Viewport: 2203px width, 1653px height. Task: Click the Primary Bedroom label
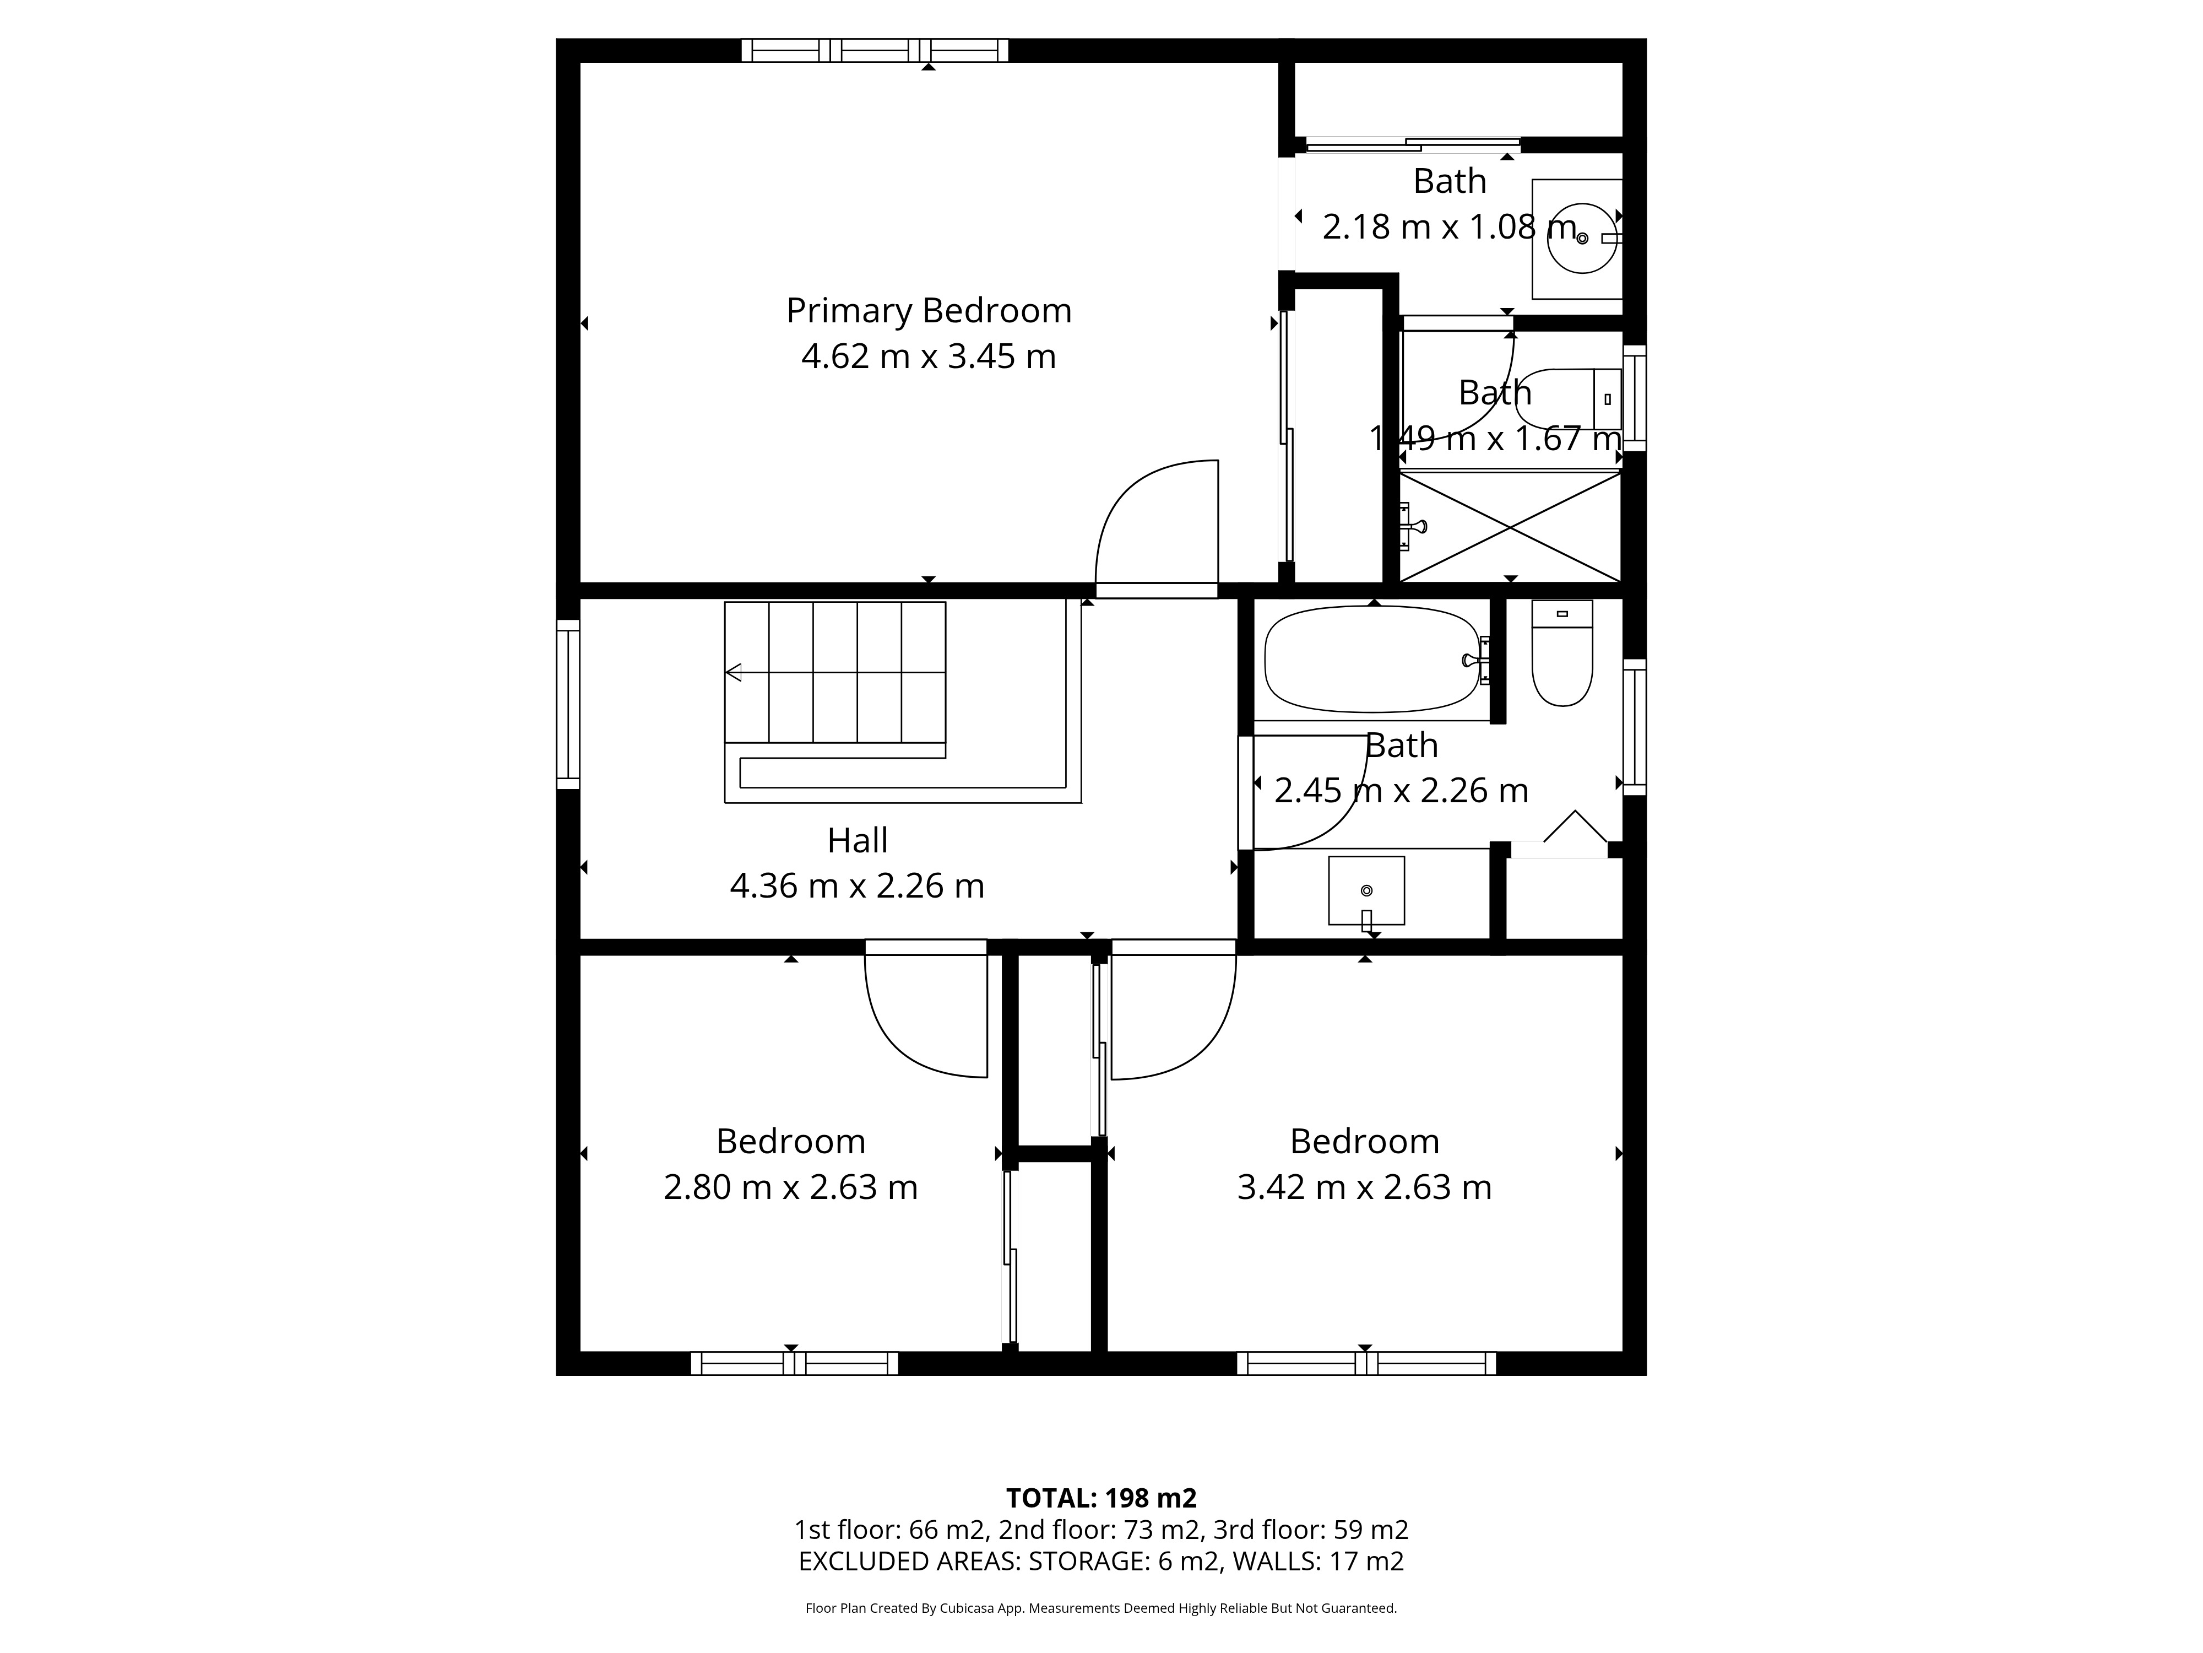pyautogui.click(x=928, y=311)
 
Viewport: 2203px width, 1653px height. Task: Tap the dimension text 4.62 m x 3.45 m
pyautogui.click(x=928, y=356)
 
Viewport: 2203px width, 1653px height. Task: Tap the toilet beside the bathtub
pyautogui.click(x=1561, y=652)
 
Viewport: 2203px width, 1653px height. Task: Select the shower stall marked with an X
pyautogui.click(x=1510, y=526)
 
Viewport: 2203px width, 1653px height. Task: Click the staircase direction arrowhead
pyautogui.click(x=733, y=673)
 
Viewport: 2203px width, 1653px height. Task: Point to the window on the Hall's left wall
pyautogui.click(x=568, y=704)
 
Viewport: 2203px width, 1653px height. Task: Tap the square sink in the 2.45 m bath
pyautogui.click(x=1366, y=890)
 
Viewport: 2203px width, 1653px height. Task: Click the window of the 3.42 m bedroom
pyautogui.click(x=1366, y=1363)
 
